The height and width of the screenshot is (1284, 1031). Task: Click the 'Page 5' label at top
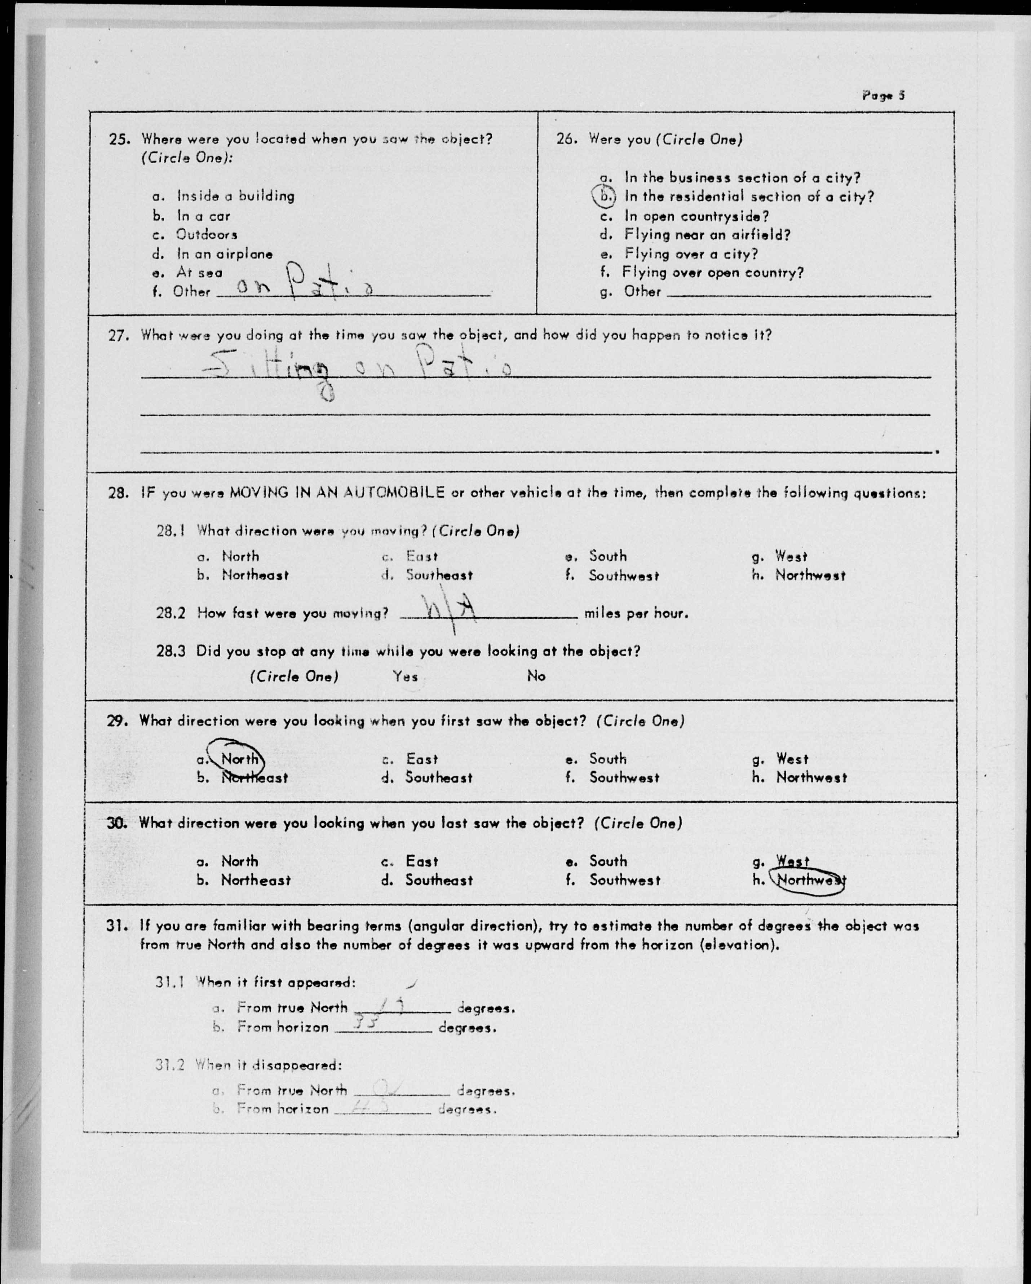[x=883, y=95]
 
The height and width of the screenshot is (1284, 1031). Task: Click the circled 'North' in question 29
[x=239, y=758]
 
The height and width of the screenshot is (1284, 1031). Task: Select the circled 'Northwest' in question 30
[x=810, y=880]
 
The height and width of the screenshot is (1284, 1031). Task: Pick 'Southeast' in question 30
[x=439, y=880]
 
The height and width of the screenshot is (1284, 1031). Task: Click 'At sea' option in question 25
[x=199, y=272]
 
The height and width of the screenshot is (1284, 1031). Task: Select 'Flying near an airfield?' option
[x=707, y=235]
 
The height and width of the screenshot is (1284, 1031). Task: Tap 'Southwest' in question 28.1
[x=624, y=575]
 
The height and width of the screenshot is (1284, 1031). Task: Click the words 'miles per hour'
[x=636, y=613]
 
